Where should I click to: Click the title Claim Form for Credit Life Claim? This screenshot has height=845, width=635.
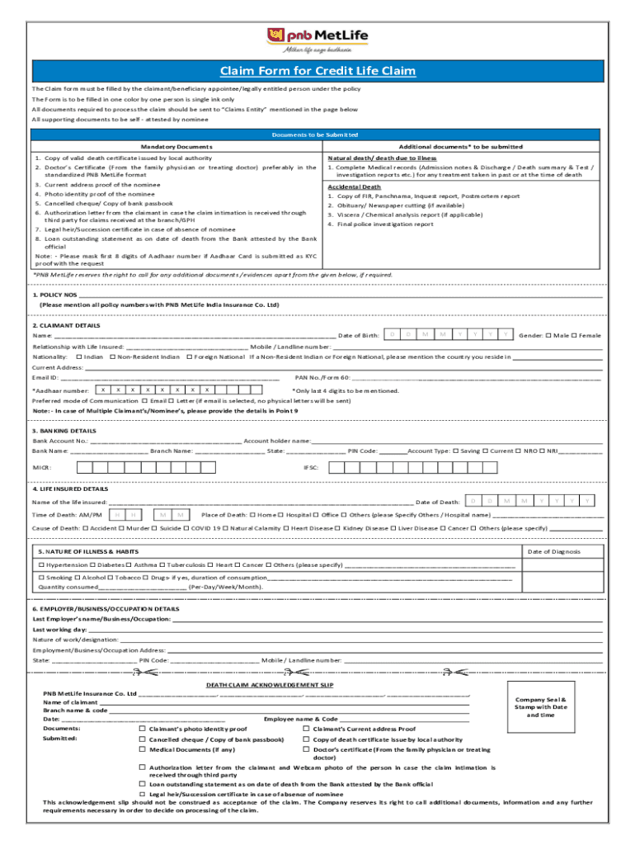(317, 71)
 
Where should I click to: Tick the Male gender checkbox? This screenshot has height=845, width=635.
(548, 335)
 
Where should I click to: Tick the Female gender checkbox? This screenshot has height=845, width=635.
(575, 335)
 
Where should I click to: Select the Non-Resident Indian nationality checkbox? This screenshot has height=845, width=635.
(113, 356)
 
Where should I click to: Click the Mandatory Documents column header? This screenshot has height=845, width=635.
(176, 146)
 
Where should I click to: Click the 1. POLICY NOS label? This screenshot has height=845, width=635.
(54, 295)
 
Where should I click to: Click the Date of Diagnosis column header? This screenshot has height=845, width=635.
(553, 551)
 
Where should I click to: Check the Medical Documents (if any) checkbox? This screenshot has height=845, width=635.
(142, 750)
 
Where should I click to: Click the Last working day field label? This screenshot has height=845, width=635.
(59, 629)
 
